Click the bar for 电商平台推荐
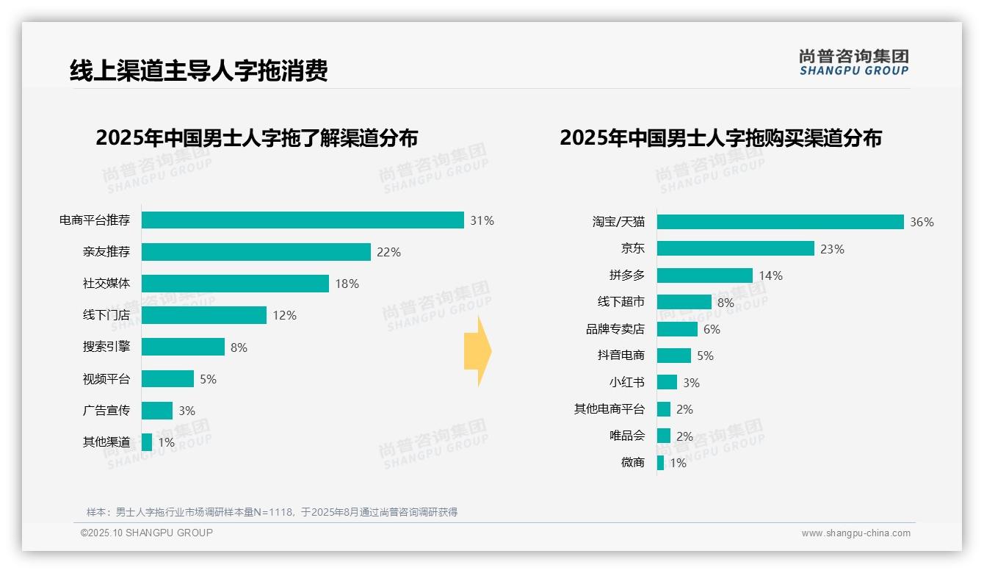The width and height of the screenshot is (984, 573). (303, 220)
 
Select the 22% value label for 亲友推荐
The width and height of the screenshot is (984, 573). (388, 252)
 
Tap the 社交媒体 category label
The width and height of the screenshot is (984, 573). (106, 284)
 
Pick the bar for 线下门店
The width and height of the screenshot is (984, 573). (203, 315)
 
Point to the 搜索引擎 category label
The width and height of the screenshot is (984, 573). (106, 347)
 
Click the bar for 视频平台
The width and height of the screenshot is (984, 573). (167, 379)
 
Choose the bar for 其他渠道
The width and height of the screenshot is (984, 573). (147, 442)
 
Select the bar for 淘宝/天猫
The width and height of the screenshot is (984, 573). (780, 222)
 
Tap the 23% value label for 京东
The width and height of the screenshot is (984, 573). (832, 249)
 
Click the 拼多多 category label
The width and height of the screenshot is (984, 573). (626, 275)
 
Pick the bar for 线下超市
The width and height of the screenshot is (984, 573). (684, 302)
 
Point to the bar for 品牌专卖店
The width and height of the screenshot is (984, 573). (677, 329)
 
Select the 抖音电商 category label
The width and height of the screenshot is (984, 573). (621, 356)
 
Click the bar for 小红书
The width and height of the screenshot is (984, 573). (667, 383)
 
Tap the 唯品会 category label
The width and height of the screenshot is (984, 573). (626, 436)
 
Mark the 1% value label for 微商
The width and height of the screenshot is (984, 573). (677, 463)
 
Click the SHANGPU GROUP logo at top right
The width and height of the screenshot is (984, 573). (853, 62)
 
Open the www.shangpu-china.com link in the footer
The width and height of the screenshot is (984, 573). (855, 533)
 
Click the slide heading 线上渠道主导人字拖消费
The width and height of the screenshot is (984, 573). (198, 71)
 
